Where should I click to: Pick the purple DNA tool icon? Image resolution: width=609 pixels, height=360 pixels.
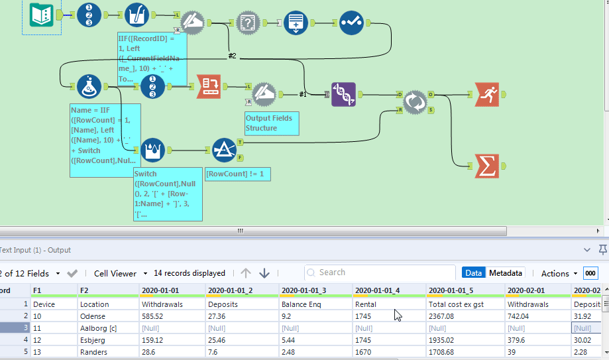(343, 95)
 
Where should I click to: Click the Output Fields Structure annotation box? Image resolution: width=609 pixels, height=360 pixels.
(272, 123)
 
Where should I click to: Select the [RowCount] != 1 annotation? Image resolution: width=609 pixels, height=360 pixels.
(238, 174)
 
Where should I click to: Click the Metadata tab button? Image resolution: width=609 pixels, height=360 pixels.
(506, 273)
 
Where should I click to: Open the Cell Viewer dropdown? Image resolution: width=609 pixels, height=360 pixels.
(115, 273)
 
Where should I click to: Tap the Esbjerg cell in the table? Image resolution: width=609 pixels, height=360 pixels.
(93, 339)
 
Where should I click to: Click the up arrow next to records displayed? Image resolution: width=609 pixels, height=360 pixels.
(246, 273)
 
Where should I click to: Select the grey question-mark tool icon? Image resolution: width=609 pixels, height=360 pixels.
(248, 22)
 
